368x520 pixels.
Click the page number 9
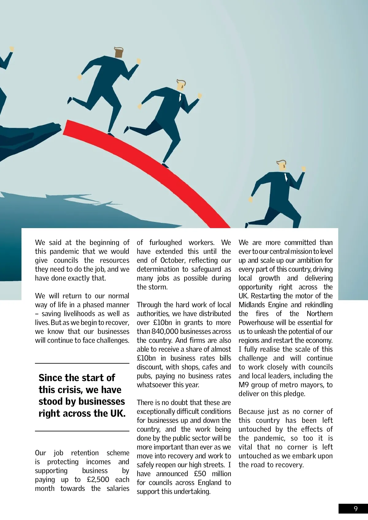coord(355,509)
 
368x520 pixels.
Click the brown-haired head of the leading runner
coord(119,52)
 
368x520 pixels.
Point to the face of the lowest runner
coord(282,166)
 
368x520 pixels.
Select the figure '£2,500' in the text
coord(98,480)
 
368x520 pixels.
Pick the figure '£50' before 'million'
coord(200,474)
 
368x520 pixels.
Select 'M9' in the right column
coord(243,385)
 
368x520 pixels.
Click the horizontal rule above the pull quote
coord(82,363)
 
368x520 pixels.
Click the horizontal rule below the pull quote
coord(82,431)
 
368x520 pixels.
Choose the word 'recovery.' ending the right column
coord(289,465)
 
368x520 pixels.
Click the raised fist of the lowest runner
coord(304,169)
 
